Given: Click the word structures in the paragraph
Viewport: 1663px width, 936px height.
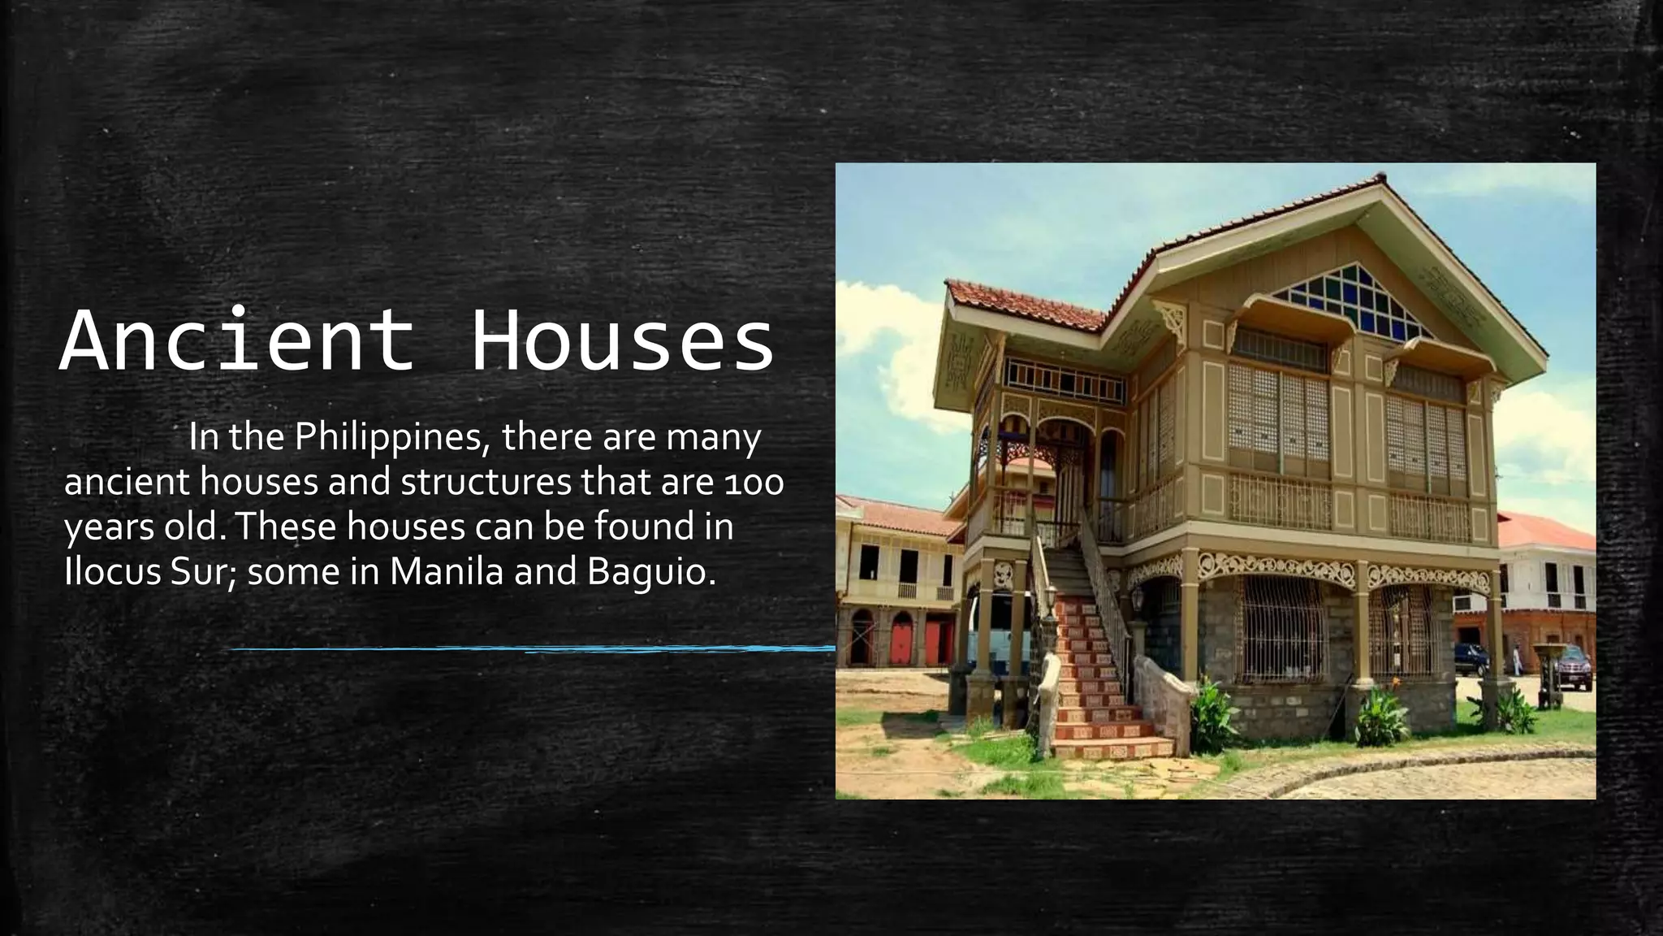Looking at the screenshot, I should point(486,483).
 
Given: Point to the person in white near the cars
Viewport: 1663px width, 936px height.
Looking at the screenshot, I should point(1518,659).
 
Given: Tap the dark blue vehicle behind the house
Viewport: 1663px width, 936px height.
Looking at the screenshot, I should point(1470,659).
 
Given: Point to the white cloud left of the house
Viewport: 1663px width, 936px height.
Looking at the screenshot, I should point(881,341).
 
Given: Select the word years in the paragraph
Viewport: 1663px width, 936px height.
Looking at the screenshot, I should point(106,528).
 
